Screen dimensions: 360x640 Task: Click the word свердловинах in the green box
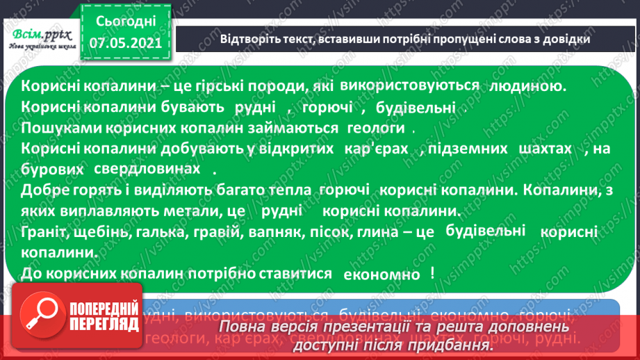coord(156,170)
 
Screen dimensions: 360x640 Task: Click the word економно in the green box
coord(382,274)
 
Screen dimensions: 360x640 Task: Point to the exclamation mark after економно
coord(432,272)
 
